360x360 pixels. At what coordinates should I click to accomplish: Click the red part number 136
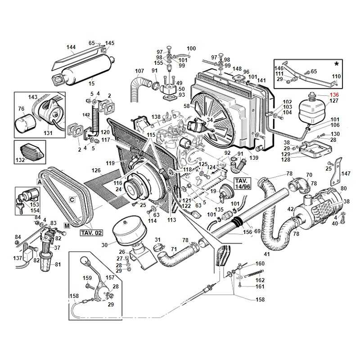pos(334,94)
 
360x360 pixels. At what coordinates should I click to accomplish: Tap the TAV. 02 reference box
pos(91,233)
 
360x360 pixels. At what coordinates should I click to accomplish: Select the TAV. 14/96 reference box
pos(242,183)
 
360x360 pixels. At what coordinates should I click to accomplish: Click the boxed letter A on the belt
pos(40,182)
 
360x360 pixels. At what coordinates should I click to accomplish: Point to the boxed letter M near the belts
pos(67,226)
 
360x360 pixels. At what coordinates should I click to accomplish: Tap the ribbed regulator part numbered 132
pos(32,152)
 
